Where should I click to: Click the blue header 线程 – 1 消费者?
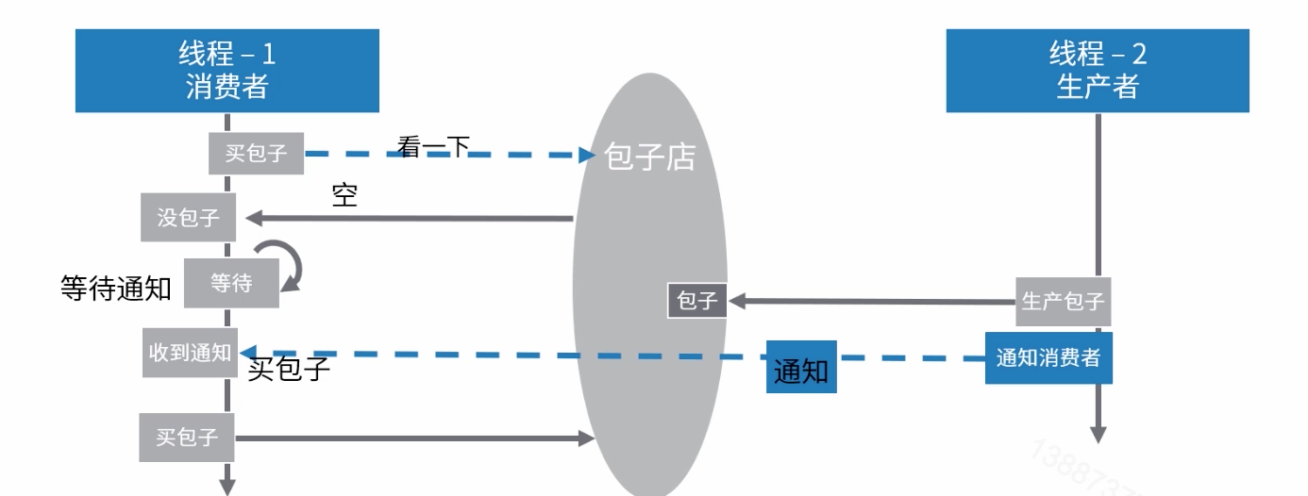tap(226, 71)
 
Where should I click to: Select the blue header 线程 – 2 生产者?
tap(1098, 71)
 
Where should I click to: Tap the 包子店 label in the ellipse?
tap(649, 157)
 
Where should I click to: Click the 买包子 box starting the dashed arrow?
tap(256, 153)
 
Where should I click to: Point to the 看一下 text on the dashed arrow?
tap(433, 146)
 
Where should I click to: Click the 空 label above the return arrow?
tap(344, 195)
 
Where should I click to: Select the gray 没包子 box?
tap(189, 218)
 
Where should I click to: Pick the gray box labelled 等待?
tap(231, 283)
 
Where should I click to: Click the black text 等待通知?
tap(116, 289)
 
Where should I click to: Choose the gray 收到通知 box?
tap(190, 353)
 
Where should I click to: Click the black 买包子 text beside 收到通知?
tap(289, 370)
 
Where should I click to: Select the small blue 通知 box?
tap(801, 371)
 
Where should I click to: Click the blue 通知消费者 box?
tap(1048, 357)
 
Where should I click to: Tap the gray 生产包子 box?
tap(1063, 302)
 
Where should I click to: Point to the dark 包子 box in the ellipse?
tap(697, 301)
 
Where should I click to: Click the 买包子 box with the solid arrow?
tap(187, 438)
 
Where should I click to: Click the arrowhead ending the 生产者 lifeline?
tap(1098, 433)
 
